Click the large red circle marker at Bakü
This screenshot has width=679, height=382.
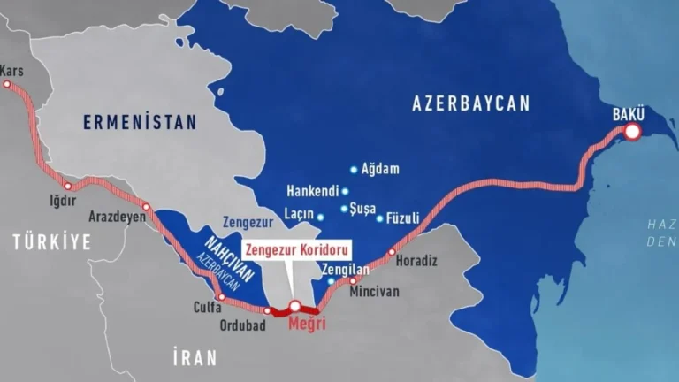pyautogui.click(x=632, y=132)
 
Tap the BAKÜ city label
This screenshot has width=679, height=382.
pyautogui.click(x=629, y=114)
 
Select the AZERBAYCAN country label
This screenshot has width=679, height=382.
pyautogui.click(x=471, y=103)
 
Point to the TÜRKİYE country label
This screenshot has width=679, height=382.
pyautogui.click(x=51, y=241)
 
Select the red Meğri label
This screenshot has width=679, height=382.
pyautogui.click(x=308, y=325)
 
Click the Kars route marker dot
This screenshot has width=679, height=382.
pyautogui.click(x=7, y=85)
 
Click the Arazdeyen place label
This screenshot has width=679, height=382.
pyautogui.click(x=117, y=216)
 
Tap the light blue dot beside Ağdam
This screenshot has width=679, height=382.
pyautogui.click(x=354, y=169)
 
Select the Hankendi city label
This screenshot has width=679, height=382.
pyautogui.click(x=312, y=191)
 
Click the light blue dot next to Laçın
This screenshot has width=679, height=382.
pyautogui.click(x=320, y=217)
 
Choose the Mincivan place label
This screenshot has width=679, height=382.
pyautogui.click(x=375, y=290)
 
